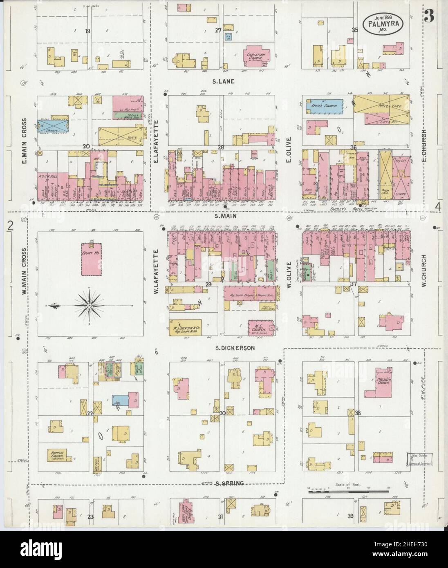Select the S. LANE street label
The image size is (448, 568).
pos(223,81)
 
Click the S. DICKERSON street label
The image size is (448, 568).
pos(235,348)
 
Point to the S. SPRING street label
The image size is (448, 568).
pos(229,483)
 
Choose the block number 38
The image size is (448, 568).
pos(358,413)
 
